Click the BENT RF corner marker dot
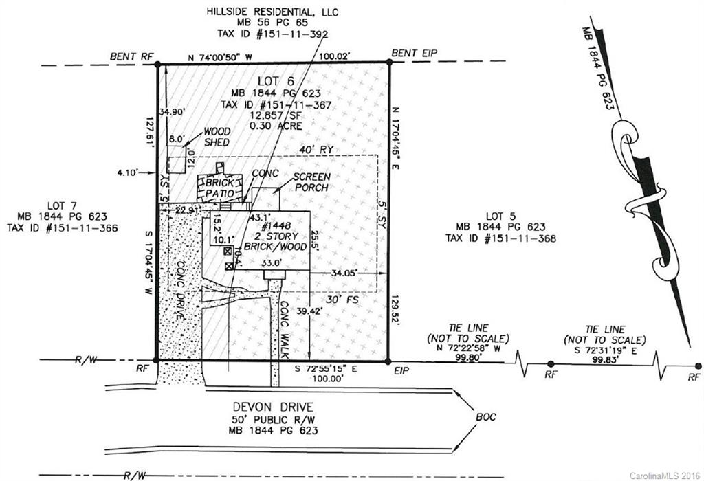(157, 65)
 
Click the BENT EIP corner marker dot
(389, 63)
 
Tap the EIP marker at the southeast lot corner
(388, 361)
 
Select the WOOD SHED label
(217, 137)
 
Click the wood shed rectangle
(177, 159)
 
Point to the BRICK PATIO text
(220, 188)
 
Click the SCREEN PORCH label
(312, 181)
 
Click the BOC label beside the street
(486, 417)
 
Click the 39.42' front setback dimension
(309, 311)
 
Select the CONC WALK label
(284, 329)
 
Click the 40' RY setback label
(316, 149)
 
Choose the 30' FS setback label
(342, 300)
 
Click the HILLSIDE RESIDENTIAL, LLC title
(272, 12)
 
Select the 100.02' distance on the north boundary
(335, 56)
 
